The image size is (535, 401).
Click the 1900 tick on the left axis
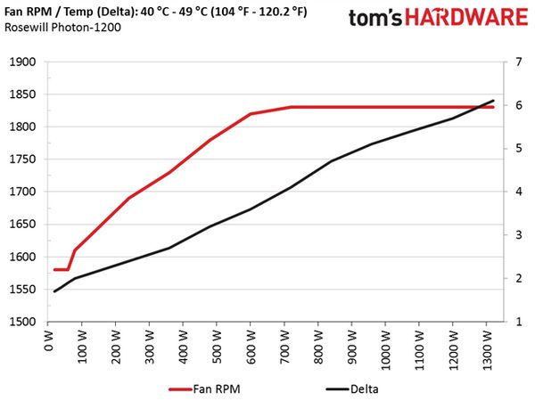coord(22,62)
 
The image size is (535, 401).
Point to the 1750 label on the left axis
coord(22,160)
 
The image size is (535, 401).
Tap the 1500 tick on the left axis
coord(22,322)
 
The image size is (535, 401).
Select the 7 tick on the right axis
coord(519,62)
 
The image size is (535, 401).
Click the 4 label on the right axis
coord(519,192)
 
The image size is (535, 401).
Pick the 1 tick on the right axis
coord(519,322)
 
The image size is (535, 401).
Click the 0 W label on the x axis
coord(49,341)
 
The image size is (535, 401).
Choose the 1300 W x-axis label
coord(487,350)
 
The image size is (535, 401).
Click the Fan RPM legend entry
coord(205,389)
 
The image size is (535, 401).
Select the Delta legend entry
coord(352,389)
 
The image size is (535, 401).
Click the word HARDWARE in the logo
coord(466,18)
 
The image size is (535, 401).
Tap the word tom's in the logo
coord(375,18)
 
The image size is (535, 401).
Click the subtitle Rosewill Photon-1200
coord(62,27)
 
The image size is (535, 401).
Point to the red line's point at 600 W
coord(251,113)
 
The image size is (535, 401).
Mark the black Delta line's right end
coord(493,101)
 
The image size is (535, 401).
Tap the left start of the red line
coord(54,270)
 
